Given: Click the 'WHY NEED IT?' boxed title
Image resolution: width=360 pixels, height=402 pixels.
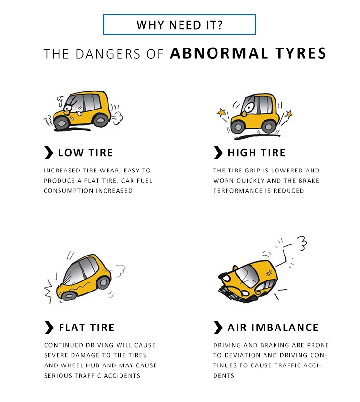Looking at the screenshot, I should coord(180,24).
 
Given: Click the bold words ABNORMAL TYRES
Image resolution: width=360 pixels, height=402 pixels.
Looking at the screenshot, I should coord(248,53).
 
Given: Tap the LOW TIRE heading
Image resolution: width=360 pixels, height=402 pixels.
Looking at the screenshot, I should coord(85,153).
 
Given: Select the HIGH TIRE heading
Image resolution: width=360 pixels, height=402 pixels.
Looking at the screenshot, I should coord(256,153).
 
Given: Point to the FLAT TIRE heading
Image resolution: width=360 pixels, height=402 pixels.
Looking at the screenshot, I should coord(86,328).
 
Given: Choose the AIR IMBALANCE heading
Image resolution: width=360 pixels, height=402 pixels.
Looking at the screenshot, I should coord(273,328).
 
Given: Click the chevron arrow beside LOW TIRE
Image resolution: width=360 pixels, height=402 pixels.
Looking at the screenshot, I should coord(48,153).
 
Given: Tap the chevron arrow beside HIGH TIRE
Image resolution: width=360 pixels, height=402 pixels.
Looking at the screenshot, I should coord(218,153).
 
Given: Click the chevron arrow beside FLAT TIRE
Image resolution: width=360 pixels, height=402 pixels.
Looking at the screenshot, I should coord(48,328).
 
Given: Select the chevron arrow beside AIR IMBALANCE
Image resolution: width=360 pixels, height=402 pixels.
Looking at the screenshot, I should coord(218,328).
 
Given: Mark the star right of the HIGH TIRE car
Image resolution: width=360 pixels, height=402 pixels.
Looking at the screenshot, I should coord(288,114).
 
